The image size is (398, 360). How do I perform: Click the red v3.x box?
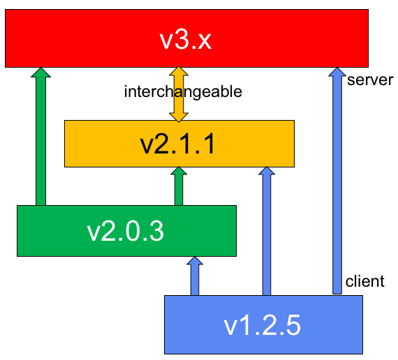[x=186, y=38]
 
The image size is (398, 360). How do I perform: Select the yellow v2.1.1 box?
[x=179, y=144]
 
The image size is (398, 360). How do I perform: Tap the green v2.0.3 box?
[x=126, y=231]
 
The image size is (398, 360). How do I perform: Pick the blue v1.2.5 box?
[x=263, y=324]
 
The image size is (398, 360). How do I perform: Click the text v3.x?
[x=186, y=40]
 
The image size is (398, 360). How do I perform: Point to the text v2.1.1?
[x=177, y=144]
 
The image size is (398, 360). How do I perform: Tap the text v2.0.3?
[x=126, y=232]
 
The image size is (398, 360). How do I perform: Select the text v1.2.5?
[x=263, y=325]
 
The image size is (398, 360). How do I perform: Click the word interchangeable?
[x=183, y=91]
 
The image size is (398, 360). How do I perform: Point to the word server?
[x=370, y=80]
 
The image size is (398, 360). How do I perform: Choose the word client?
[x=365, y=281]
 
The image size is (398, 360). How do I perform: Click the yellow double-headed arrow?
[x=179, y=94]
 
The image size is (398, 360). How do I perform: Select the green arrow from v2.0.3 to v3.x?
[x=41, y=137]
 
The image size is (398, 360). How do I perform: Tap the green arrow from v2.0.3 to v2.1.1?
[x=179, y=186]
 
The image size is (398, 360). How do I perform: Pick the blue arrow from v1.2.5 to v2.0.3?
[x=195, y=276]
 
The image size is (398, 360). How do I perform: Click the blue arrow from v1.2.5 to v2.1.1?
[x=267, y=231]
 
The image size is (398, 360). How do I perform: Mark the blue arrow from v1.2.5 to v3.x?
[x=337, y=181]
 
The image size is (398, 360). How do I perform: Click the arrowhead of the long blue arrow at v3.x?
[x=337, y=72]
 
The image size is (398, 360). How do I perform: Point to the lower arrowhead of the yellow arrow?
[x=179, y=117]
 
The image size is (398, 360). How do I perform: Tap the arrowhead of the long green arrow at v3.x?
[x=41, y=73]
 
